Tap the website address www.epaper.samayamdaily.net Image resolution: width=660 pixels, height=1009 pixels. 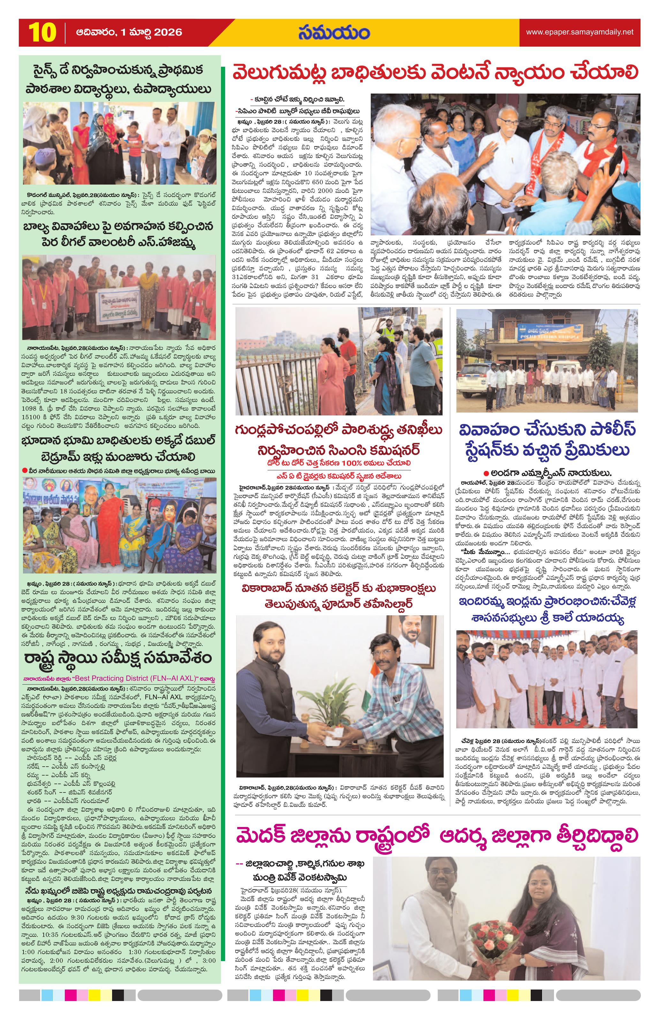tap(580, 32)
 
